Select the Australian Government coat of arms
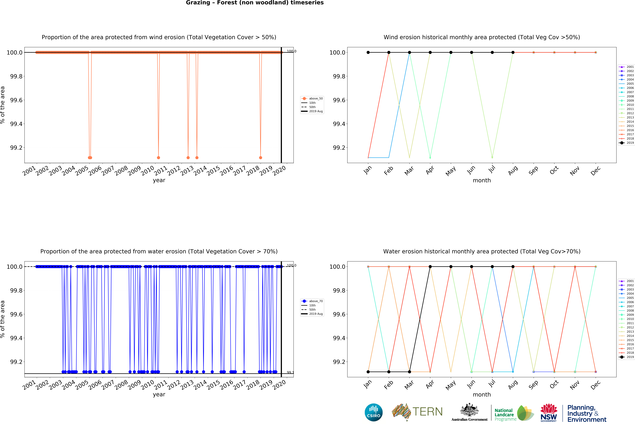click(469, 410)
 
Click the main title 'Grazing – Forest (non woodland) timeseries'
click(255, 3)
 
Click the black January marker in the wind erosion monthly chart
click(368, 52)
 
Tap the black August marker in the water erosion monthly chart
click(513, 267)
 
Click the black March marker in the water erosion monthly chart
click(409, 372)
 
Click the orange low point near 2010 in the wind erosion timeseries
click(158, 158)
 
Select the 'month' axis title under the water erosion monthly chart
click(482, 395)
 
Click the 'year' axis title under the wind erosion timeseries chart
click(159, 180)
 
